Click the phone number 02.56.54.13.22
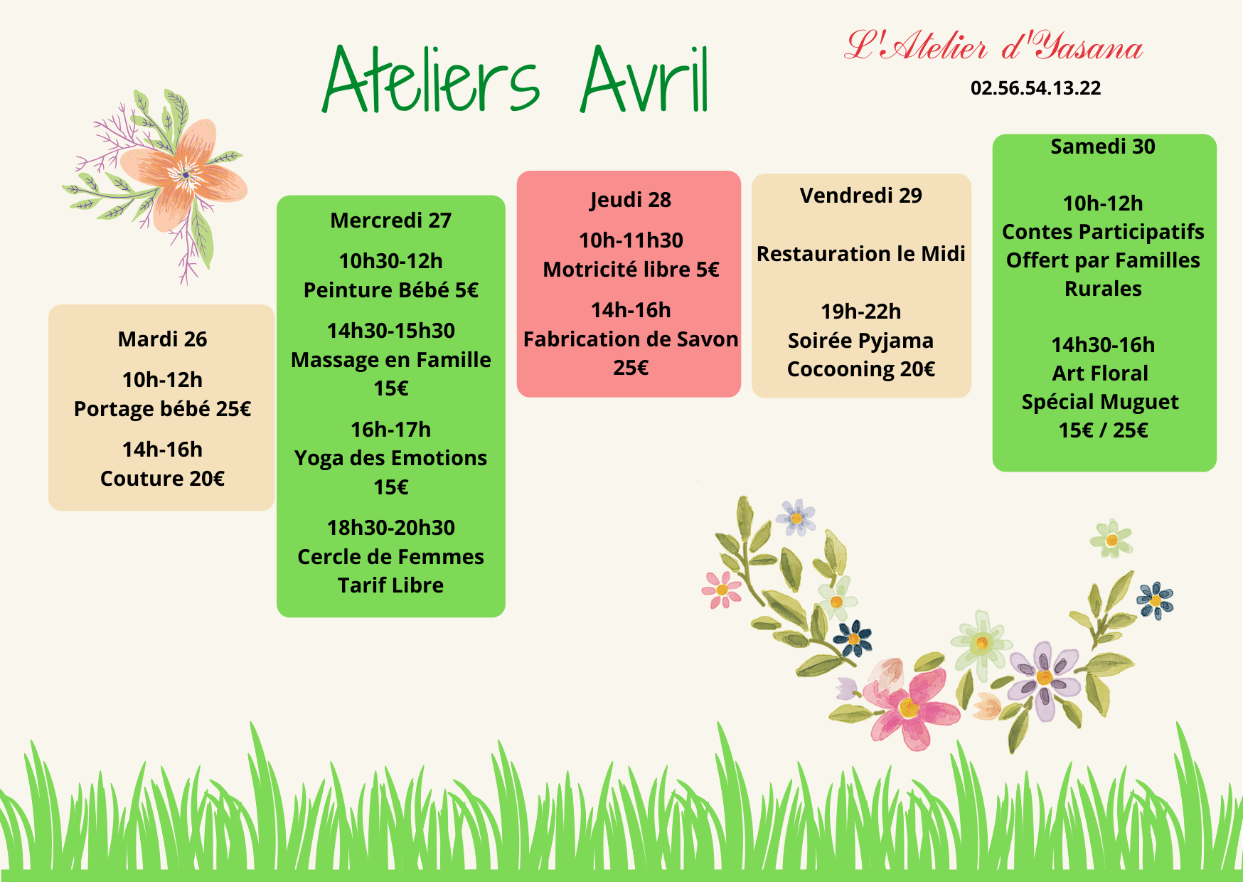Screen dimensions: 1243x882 tap(1035, 88)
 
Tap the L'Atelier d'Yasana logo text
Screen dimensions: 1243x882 tap(993, 46)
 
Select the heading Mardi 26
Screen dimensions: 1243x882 tap(162, 339)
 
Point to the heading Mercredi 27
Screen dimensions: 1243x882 tap(391, 220)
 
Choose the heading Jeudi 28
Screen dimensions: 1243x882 tap(630, 200)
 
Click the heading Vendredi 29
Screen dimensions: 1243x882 tap(860, 196)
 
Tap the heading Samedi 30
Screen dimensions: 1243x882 tap(1103, 147)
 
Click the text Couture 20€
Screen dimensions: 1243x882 tap(162, 479)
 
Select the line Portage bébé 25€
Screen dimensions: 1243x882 tap(162, 409)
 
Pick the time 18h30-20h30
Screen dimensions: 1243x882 tap(391, 528)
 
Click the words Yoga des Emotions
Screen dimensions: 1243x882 tap(391, 458)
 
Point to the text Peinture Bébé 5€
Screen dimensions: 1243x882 tap(391, 290)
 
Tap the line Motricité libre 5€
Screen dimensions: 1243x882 tap(631, 270)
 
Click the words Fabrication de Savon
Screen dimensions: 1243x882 tap(631, 339)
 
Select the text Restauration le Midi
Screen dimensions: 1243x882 tap(860, 254)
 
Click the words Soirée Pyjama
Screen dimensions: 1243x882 tap(860, 341)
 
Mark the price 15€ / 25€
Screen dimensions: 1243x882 tap(1103, 430)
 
